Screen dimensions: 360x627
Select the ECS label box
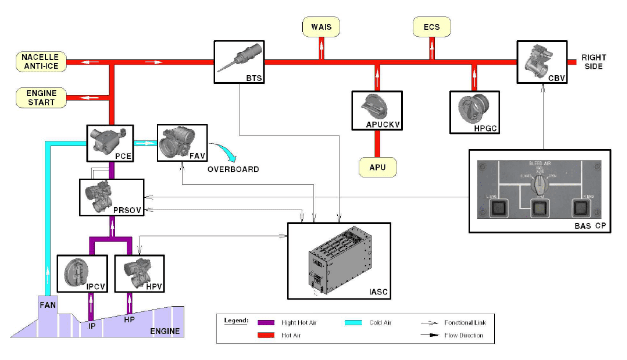pyautogui.click(x=432, y=27)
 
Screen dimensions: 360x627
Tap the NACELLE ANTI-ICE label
pyautogui.click(x=40, y=62)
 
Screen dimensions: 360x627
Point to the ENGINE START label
pyautogui.click(x=41, y=97)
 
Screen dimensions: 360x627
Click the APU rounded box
pyautogui.click(x=378, y=167)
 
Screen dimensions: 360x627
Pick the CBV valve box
pyautogui.click(x=542, y=62)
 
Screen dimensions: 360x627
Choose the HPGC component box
pyautogui.click(x=474, y=112)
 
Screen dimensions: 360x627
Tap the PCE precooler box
pyautogui.click(x=110, y=143)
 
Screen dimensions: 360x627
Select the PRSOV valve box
pyautogui.click(x=112, y=197)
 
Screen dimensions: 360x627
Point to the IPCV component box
pyautogui.click(x=82, y=273)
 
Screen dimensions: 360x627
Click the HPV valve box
pyautogui.click(x=140, y=273)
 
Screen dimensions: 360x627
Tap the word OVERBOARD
pyautogui.click(x=233, y=169)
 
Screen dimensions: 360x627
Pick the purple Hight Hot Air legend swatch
pyautogui.click(x=267, y=323)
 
